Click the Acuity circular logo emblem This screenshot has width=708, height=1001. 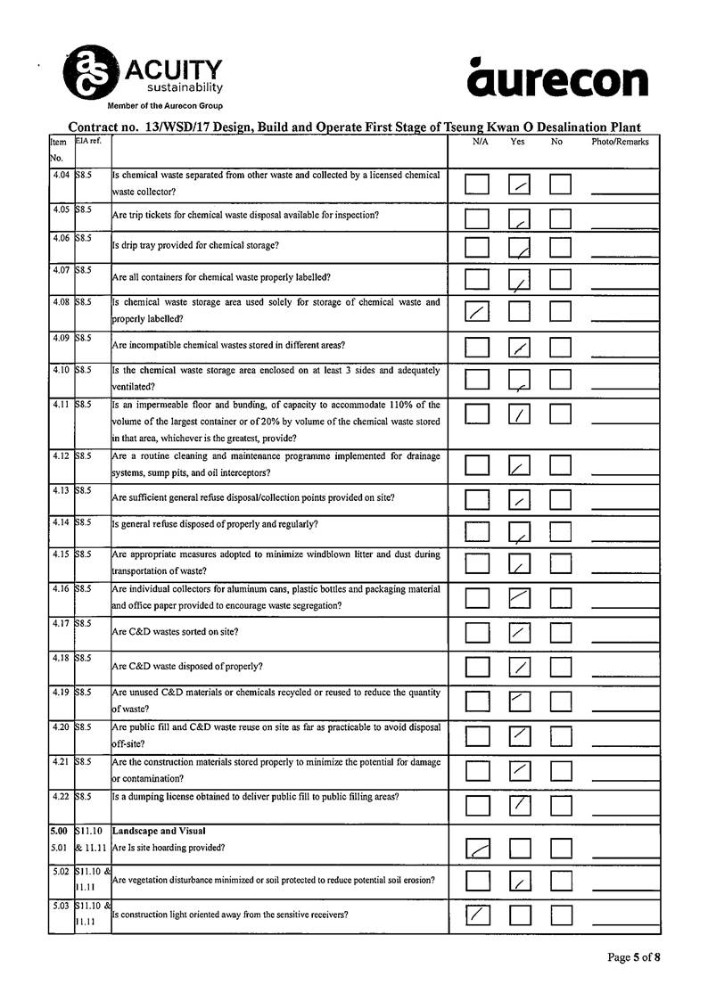89,71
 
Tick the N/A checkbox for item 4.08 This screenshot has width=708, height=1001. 478,311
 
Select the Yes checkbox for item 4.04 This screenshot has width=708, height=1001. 520,185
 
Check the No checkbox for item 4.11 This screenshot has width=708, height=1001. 560,414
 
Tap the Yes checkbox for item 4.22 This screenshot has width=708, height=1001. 520,805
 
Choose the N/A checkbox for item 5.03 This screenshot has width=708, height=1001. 478,915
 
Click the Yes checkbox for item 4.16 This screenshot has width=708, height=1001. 520,597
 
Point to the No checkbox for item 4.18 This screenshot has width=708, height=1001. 560,666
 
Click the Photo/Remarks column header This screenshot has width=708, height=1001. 620,142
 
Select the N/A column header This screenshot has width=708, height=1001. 480,142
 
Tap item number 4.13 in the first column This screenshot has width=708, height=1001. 61,491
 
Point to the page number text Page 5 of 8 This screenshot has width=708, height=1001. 634,957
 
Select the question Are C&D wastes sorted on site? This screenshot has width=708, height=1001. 175,632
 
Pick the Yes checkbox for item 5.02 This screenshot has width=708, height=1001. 520,881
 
